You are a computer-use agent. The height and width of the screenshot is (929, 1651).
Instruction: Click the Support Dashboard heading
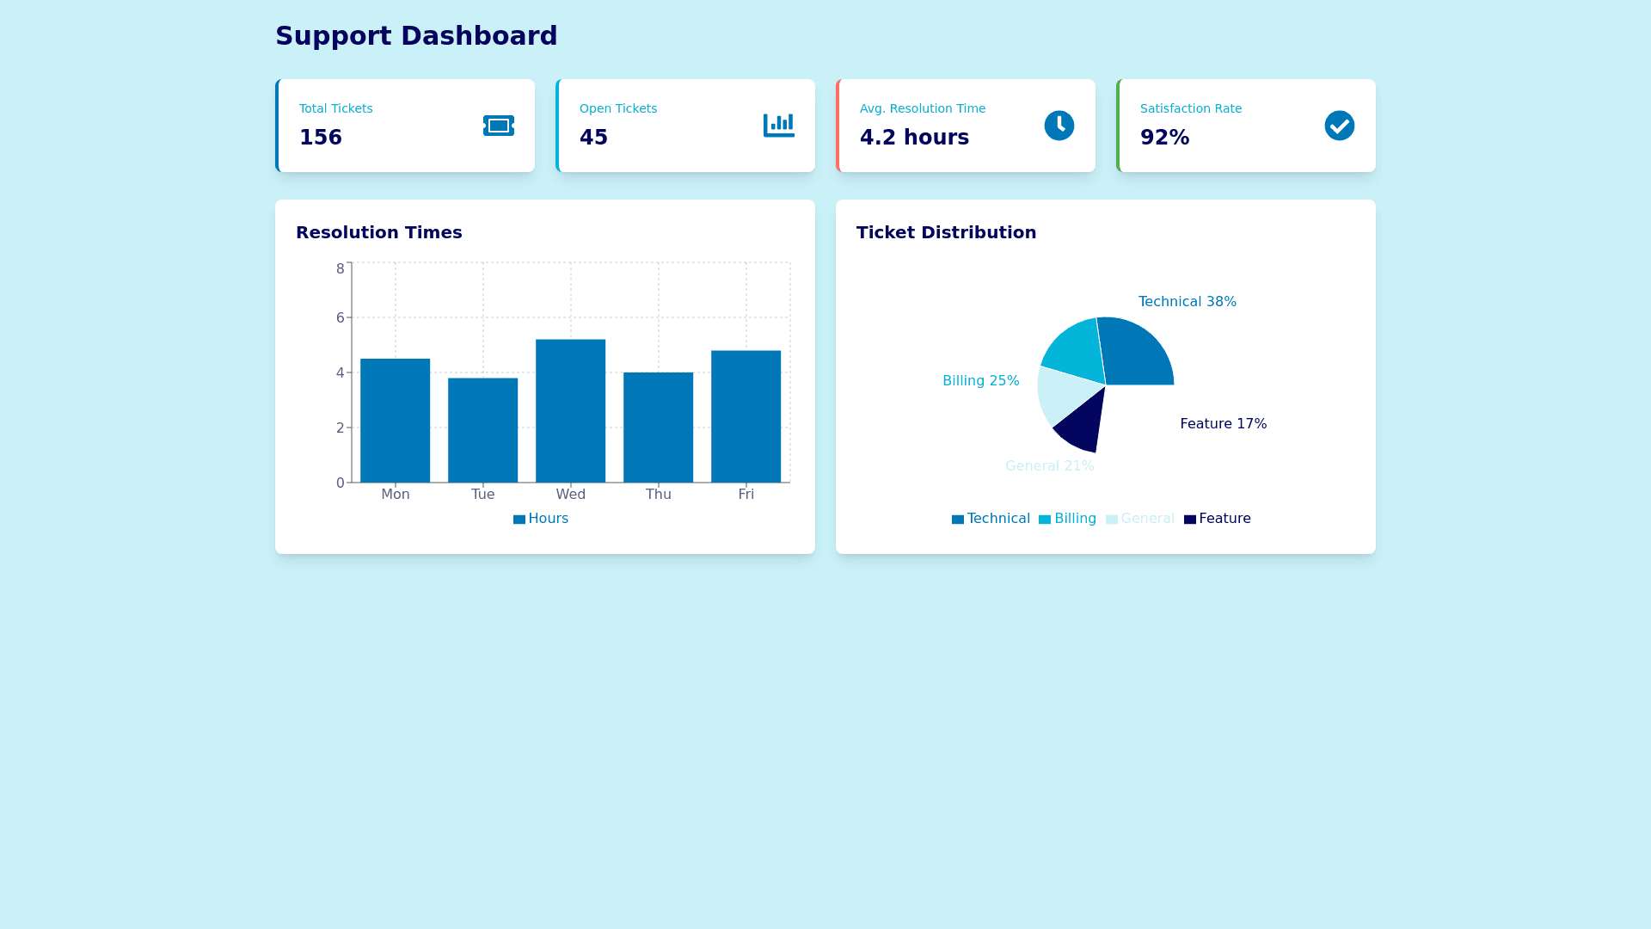416,36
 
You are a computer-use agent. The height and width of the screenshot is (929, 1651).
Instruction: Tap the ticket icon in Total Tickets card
499,126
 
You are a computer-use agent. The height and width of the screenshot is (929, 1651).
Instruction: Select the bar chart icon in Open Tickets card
779,126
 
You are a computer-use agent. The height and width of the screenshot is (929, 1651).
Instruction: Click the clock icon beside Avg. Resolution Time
1059,126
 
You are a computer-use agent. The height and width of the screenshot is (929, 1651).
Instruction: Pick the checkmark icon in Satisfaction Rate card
1340,126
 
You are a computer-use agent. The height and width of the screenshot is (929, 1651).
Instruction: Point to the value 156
321,138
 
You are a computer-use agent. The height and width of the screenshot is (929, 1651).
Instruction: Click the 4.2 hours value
914,138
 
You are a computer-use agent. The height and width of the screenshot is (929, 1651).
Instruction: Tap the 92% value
1164,138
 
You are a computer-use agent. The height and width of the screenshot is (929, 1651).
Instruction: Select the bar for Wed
570,411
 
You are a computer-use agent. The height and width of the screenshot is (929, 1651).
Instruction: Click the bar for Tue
482,430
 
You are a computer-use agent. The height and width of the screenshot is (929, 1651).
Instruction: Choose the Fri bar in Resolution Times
746,416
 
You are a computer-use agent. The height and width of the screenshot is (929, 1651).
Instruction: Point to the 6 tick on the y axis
341,318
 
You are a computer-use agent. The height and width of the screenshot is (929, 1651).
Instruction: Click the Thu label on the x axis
659,495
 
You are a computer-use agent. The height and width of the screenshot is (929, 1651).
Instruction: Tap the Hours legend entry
541,519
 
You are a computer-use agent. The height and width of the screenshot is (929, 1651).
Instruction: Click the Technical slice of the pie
1135,353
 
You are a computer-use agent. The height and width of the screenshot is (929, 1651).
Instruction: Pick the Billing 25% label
981,381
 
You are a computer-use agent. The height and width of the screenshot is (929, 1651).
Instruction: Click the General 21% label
1050,466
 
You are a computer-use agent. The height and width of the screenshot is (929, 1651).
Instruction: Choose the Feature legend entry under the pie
1217,519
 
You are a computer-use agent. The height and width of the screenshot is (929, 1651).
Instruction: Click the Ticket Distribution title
946,233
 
